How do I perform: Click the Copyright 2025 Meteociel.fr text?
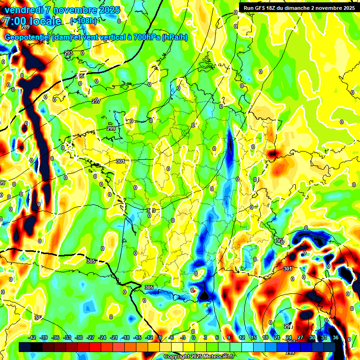pos(199,357)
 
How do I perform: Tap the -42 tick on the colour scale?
pos(32,337)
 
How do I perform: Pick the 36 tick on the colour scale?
pos(336,337)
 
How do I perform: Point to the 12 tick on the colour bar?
pos(242,337)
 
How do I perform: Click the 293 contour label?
pos(68,53)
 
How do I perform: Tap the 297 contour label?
pos(96,101)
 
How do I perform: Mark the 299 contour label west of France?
pos(111,128)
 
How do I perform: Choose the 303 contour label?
pos(151,210)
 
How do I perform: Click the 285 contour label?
pos(80,76)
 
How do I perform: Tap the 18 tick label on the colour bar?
pos(265,337)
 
